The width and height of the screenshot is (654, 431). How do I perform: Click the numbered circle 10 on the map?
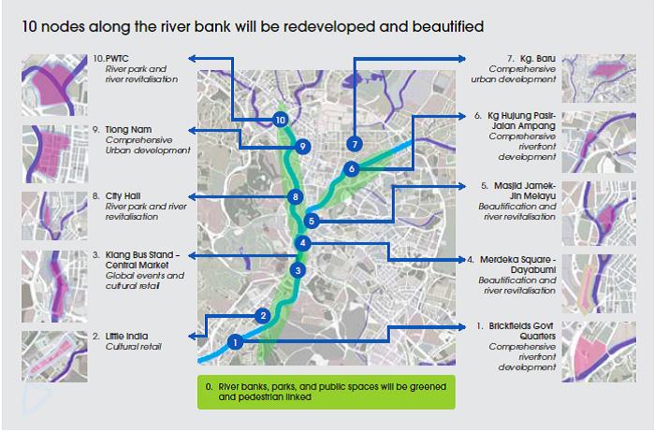(x=280, y=120)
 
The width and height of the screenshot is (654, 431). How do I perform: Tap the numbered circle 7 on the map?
(x=353, y=144)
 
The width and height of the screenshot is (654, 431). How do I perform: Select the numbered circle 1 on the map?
(x=235, y=342)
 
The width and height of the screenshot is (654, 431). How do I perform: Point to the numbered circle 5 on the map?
(x=312, y=222)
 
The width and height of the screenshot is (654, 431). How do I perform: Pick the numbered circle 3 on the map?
(x=297, y=271)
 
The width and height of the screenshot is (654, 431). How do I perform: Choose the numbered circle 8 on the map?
(x=295, y=197)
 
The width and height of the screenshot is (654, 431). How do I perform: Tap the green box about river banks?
(x=326, y=391)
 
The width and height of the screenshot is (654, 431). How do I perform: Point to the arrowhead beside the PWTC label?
(x=191, y=58)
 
